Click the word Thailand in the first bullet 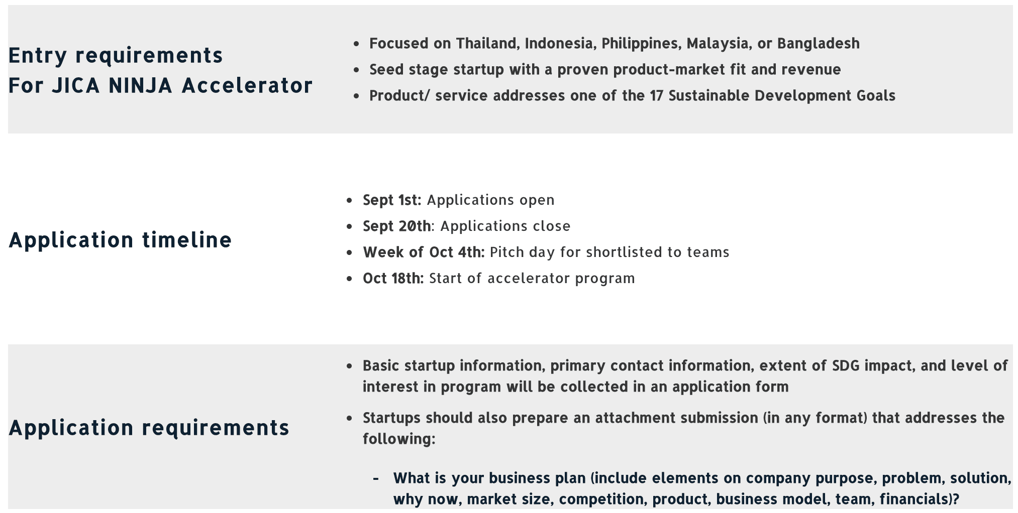click(486, 44)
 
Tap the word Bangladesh click(818, 44)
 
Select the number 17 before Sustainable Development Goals click(656, 96)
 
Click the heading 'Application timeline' click(120, 240)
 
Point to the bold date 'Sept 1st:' click(392, 200)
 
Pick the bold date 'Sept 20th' click(396, 226)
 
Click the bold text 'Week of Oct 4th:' click(424, 252)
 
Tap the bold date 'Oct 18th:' click(393, 279)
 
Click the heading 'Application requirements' click(149, 428)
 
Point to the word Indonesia click(560, 44)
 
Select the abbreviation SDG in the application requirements click(846, 366)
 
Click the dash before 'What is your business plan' click(375, 478)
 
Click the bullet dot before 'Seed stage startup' click(356, 70)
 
